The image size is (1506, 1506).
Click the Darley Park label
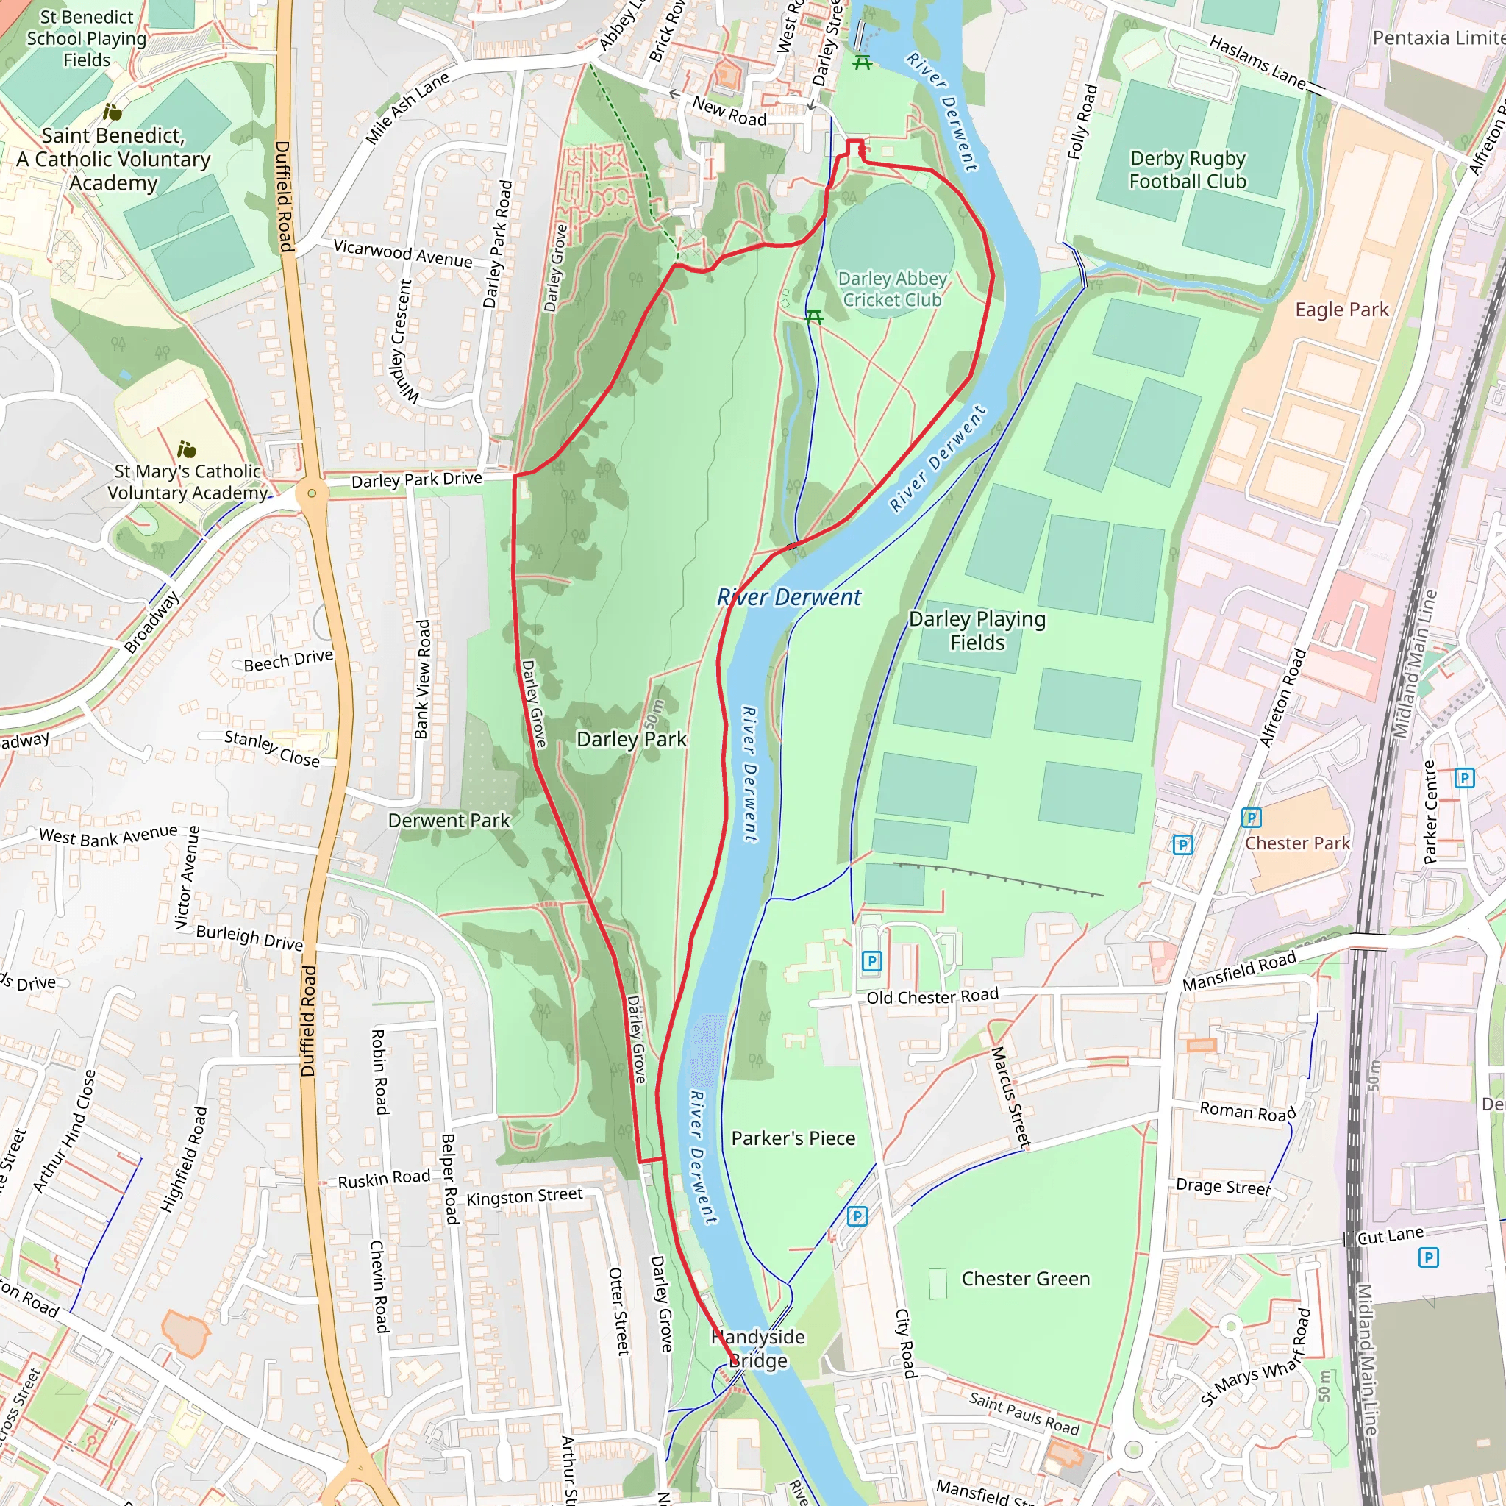click(x=632, y=739)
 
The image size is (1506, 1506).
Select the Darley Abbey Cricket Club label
click(x=893, y=289)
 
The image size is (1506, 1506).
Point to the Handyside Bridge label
click(x=757, y=1349)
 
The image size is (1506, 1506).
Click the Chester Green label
click(x=1025, y=1280)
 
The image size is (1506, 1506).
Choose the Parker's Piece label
click(x=793, y=1139)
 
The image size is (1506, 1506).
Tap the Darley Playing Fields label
click(x=977, y=631)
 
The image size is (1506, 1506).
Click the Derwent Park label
click(x=449, y=821)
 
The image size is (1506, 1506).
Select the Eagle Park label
click(x=1341, y=310)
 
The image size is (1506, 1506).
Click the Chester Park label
click(x=1297, y=843)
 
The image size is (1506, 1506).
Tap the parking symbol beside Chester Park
click(x=1250, y=818)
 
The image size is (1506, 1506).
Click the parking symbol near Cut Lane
click(x=1428, y=1257)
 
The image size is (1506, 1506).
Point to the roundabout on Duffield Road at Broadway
click(x=312, y=493)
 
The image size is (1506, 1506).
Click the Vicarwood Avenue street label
click(x=402, y=254)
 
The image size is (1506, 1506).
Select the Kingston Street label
click(x=524, y=1196)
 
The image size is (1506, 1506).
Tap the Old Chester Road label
click(x=932, y=997)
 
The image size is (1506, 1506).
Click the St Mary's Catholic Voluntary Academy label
click(x=187, y=482)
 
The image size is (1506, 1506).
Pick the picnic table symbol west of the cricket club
click(x=814, y=316)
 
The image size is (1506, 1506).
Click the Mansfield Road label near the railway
click(x=1238, y=971)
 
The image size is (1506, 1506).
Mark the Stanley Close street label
click(x=272, y=749)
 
